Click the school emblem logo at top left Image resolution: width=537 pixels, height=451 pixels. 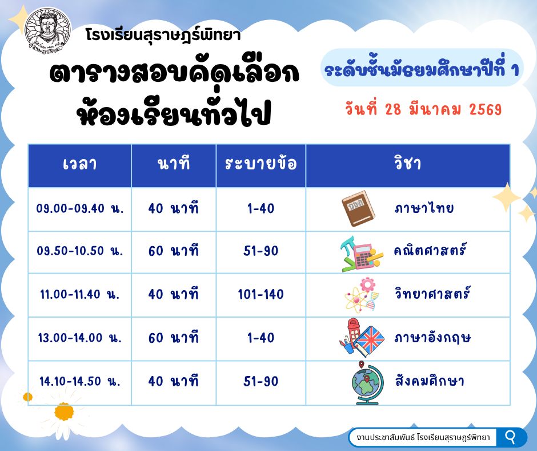point(49,30)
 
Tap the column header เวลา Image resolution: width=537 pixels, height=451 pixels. point(80,164)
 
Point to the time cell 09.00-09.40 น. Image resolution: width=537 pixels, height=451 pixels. point(80,208)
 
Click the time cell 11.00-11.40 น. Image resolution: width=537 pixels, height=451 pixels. point(80,294)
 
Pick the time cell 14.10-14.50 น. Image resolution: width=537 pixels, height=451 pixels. point(80,381)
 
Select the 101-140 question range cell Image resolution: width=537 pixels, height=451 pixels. point(261,294)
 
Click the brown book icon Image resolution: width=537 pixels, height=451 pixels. point(358,208)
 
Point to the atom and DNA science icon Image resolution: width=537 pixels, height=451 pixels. point(362,295)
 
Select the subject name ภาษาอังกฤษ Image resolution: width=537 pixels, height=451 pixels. point(433,338)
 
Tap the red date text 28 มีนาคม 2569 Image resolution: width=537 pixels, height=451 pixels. point(443,109)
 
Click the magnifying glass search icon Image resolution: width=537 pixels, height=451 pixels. point(510,437)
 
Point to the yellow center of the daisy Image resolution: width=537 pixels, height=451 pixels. point(64,412)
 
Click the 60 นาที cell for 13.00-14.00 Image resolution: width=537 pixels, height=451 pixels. point(173,338)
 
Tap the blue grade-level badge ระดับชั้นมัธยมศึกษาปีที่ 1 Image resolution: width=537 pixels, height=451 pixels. point(422,68)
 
